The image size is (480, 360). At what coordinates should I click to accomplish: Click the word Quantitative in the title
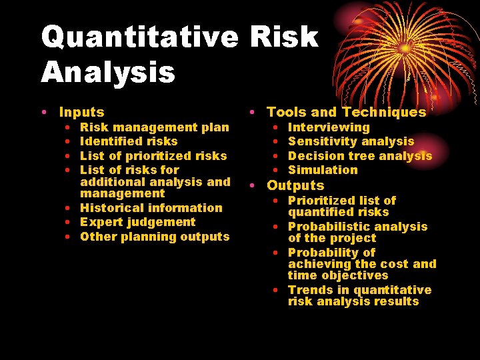(x=139, y=38)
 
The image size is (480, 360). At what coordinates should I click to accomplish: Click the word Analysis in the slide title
(x=108, y=72)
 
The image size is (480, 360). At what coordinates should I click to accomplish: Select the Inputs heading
(x=81, y=113)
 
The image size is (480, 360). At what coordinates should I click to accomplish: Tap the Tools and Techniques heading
(x=346, y=113)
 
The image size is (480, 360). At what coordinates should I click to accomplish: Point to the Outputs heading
(x=295, y=185)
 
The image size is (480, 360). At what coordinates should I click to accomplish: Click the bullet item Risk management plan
(x=154, y=127)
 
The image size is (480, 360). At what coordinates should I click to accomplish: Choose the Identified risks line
(x=129, y=141)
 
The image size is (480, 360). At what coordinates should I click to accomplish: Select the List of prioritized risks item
(x=153, y=155)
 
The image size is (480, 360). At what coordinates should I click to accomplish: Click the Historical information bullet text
(x=151, y=208)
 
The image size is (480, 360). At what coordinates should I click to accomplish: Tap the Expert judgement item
(x=137, y=222)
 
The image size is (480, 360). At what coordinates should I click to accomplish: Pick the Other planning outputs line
(x=154, y=237)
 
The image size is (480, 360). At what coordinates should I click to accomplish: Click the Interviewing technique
(x=328, y=127)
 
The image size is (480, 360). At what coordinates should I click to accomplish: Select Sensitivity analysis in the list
(x=351, y=141)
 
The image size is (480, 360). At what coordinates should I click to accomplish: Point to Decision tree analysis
(x=360, y=155)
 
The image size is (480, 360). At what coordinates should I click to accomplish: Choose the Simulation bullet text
(x=323, y=170)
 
